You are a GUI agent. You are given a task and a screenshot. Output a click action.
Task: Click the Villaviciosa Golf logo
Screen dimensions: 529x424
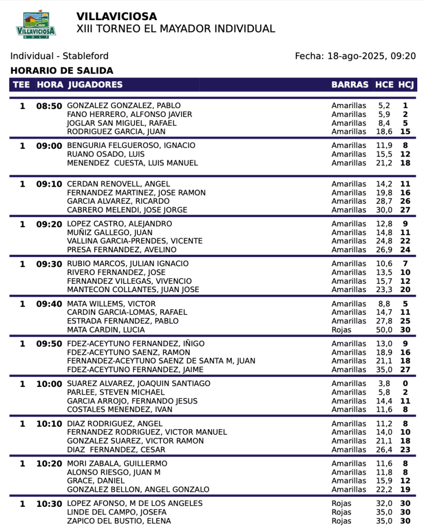pos(36,24)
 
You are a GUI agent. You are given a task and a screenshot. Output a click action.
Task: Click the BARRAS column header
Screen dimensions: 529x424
pos(350,85)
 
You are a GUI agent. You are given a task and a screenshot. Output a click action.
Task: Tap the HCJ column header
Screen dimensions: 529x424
pos(406,85)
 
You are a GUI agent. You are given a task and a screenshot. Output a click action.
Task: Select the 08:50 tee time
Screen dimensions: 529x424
pos(49,106)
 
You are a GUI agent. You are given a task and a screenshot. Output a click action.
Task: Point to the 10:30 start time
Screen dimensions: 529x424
pos(49,504)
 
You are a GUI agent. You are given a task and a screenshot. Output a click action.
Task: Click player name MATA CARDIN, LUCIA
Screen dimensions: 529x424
pos(106,330)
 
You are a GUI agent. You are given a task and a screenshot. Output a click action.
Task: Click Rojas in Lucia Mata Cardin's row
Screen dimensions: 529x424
pos(341,330)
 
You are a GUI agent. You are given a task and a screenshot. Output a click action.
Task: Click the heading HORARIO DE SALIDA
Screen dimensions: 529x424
pos(62,71)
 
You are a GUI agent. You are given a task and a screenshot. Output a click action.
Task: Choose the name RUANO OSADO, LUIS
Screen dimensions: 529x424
pos(106,154)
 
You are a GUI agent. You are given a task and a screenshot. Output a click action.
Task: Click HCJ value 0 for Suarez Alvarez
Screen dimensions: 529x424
pos(405,384)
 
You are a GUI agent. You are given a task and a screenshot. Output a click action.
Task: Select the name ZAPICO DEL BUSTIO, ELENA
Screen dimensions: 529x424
pos(119,521)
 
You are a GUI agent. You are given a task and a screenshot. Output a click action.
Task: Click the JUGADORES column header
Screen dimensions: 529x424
pos(95,85)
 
